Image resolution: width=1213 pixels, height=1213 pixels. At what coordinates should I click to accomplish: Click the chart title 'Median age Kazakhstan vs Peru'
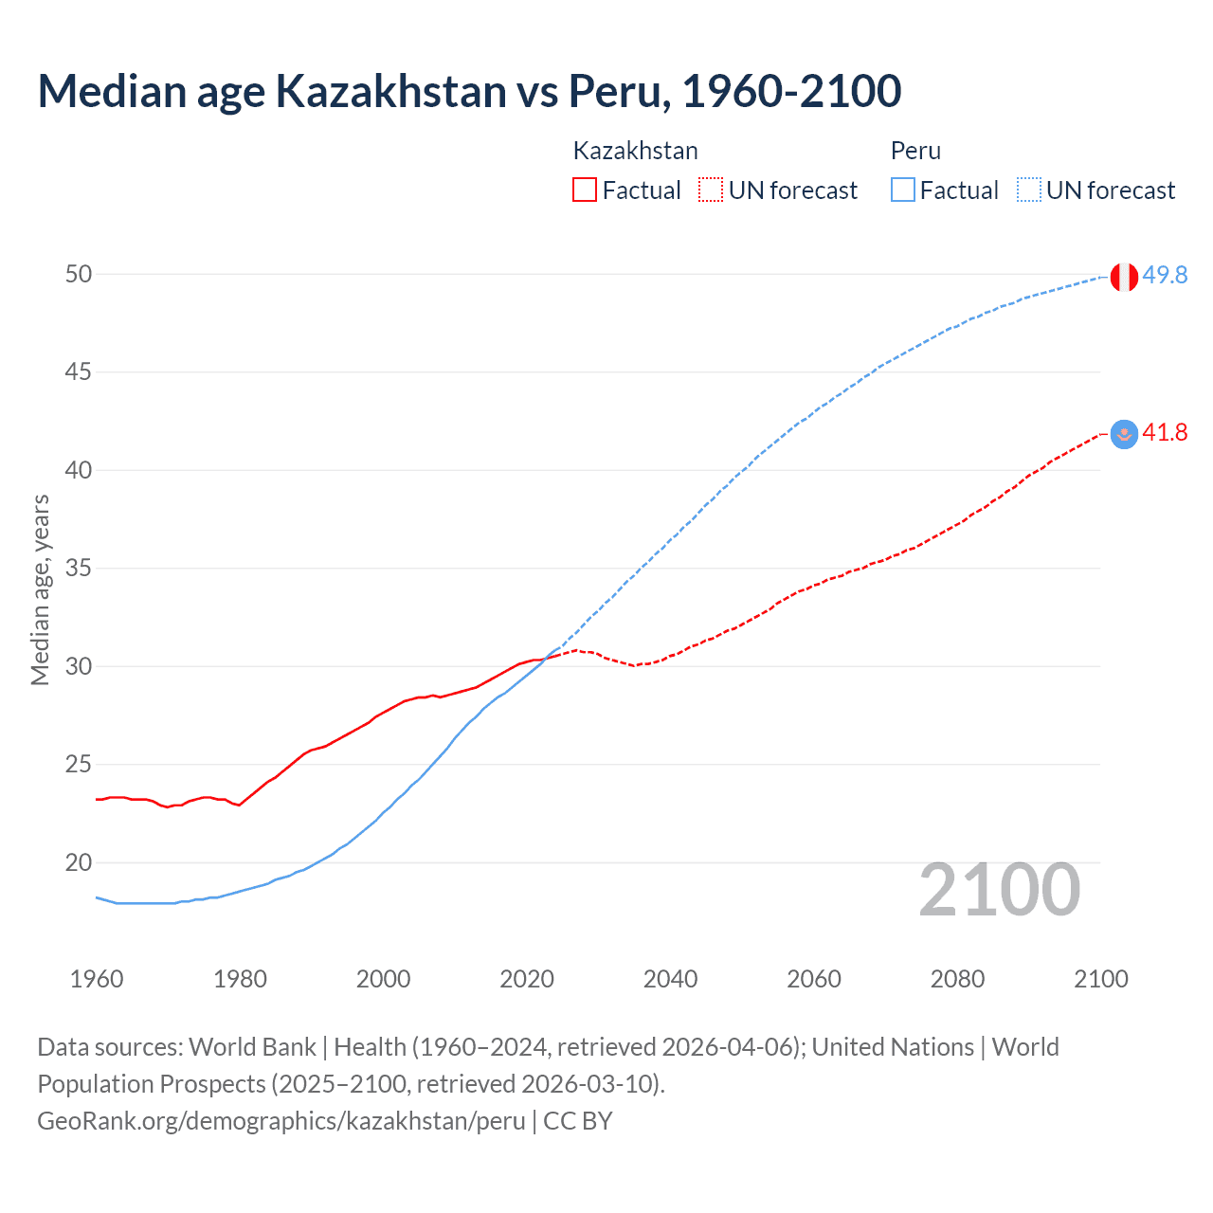(469, 91)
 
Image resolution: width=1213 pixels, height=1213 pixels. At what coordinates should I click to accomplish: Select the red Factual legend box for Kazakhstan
(585, 190)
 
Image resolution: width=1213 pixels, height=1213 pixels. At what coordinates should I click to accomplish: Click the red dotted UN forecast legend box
(711, 190)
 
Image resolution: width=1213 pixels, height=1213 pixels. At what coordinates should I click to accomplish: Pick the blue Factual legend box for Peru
(903, 190)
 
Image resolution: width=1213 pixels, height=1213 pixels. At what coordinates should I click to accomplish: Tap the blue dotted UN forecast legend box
(1028, 190)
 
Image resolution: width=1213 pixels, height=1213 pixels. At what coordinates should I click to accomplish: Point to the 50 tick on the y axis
(79, 274)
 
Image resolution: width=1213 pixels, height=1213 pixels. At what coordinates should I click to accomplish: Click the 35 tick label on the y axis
(79, 569)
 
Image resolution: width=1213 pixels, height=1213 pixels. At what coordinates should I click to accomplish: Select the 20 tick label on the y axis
(79, 862)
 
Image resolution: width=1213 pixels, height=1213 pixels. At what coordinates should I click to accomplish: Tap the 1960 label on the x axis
(97, 979)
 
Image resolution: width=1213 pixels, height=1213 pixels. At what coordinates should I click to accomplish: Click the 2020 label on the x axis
(527, 979)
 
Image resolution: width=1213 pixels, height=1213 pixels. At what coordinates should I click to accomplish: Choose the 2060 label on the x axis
(814, 979)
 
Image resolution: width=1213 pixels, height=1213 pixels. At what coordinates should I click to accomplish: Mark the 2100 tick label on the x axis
(1100, 979)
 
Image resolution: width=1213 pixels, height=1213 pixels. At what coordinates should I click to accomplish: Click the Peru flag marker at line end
(1124, 277)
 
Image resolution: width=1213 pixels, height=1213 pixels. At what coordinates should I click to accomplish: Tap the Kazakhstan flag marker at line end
(1124, 434)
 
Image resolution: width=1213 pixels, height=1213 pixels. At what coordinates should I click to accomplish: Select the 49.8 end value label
(1165, 275)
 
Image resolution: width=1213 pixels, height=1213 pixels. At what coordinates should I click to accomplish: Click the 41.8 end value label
(1165, 433)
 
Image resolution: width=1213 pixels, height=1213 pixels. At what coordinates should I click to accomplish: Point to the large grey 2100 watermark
(999, 889)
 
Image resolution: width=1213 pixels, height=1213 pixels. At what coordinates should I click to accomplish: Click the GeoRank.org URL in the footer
(281, 1120)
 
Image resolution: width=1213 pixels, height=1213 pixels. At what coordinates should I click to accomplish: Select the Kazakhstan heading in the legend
(636, 151)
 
